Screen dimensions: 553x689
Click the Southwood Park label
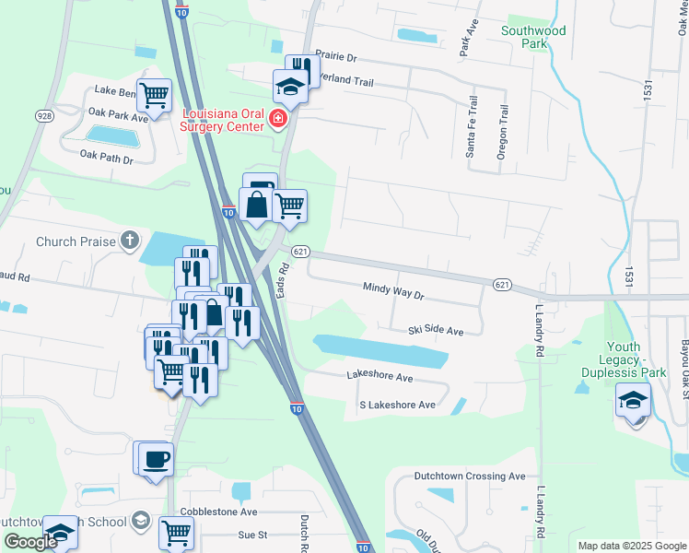pyautogui.click(x=532, y=37)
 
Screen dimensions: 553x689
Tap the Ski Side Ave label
pyautogui.click(x=436, y=330)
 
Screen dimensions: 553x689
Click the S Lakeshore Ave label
pyautogui.click(x=397, y=405)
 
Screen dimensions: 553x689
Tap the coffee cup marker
pyautogui.click(x=157, y=458)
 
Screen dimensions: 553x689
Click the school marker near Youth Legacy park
pyautogui.click(x=634, y=400)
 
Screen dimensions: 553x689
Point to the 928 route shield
pyautogui.click(x=43, y=115)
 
